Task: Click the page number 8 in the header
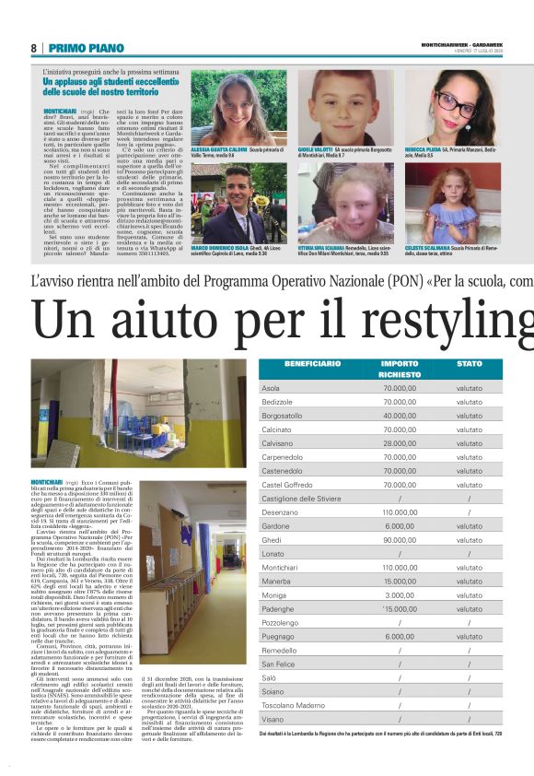33,48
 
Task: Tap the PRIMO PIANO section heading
86,48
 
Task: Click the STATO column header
470,364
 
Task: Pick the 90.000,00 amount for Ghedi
400,540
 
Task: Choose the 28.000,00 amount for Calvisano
400,443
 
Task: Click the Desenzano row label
281,511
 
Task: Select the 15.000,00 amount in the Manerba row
400,582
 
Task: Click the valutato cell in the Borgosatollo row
470,416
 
